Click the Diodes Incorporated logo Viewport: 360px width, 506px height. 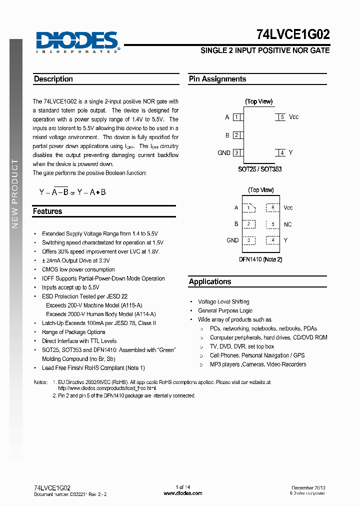point(77,41)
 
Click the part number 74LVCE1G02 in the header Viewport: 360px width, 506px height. point(292,35)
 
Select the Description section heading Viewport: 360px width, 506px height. point(53,79)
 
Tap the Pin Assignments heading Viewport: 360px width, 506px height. point(217,79)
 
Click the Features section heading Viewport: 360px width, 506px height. point(47,211)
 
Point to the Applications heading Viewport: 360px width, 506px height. point(210,281)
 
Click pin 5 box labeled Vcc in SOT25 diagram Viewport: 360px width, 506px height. point(282,117)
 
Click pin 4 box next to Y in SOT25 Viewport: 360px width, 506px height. point(282,153)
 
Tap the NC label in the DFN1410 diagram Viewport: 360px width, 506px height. point(287,224)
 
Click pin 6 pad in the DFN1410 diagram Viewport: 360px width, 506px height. point(272,207)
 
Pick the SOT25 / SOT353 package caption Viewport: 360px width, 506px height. point(259,169)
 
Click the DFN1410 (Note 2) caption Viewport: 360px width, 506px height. point(260,259)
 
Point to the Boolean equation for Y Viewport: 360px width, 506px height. point(72,192)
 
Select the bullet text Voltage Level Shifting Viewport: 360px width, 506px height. point(223,301)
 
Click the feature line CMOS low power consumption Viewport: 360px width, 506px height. point(78,269)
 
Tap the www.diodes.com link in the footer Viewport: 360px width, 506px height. point(183,493)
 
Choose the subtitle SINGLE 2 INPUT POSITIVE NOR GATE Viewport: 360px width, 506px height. point(265,50)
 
